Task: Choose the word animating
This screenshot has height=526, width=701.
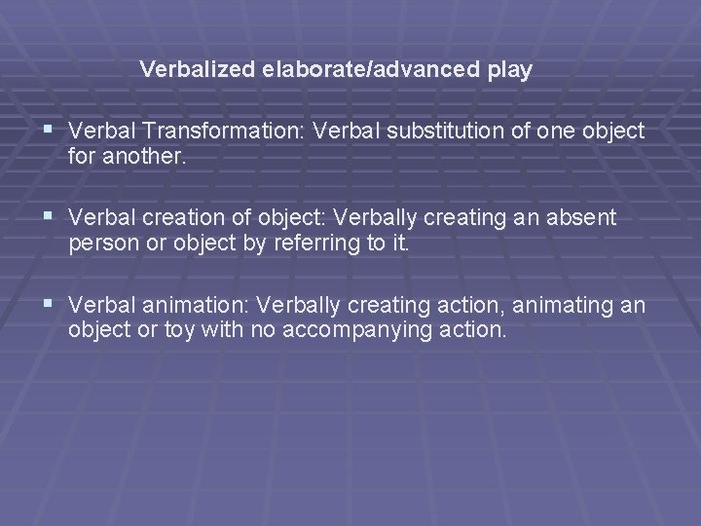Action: (x=559, y=307)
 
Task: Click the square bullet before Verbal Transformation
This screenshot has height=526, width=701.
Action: (x=49, y=131)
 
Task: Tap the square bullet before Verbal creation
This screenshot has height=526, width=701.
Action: (x=49, y=218)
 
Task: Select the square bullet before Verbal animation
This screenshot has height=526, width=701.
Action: (x=49, y=306)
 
